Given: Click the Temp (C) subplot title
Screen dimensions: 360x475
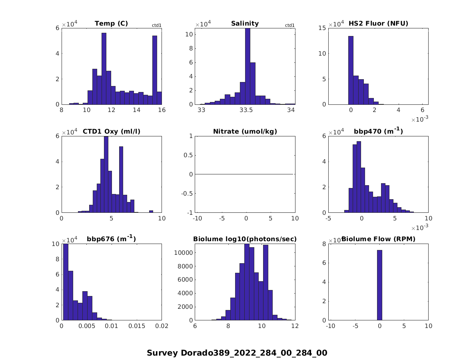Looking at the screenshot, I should [x=111, y=24].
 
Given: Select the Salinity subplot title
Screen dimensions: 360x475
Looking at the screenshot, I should [x=245, y=24].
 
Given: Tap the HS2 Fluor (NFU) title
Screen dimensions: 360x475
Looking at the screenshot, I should [x=378, y=24].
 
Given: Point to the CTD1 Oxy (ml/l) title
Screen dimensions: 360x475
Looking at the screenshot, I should [x=111, y=131].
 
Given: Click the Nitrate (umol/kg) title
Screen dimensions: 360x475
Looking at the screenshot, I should [x=245, y=131].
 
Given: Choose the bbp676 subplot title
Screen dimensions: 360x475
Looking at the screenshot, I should [x=111, y=239].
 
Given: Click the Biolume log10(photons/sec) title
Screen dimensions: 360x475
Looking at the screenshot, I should [x=245, y=239].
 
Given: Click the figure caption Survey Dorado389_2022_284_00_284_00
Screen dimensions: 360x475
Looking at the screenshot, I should [x=237, y=353].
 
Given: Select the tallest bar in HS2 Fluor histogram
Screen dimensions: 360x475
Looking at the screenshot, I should [x=351, y=70].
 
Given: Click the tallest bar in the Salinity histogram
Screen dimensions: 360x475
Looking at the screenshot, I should [x=247, y=66].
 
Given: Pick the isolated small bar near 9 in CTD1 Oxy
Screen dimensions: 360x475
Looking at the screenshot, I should [x=151, y=211].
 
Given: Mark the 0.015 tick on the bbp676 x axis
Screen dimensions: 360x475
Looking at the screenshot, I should [x=136, y=326].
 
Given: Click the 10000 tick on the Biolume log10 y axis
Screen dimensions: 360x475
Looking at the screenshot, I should [x=184, y=252].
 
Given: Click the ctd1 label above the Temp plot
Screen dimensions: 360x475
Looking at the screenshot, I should [x=156, y=26].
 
